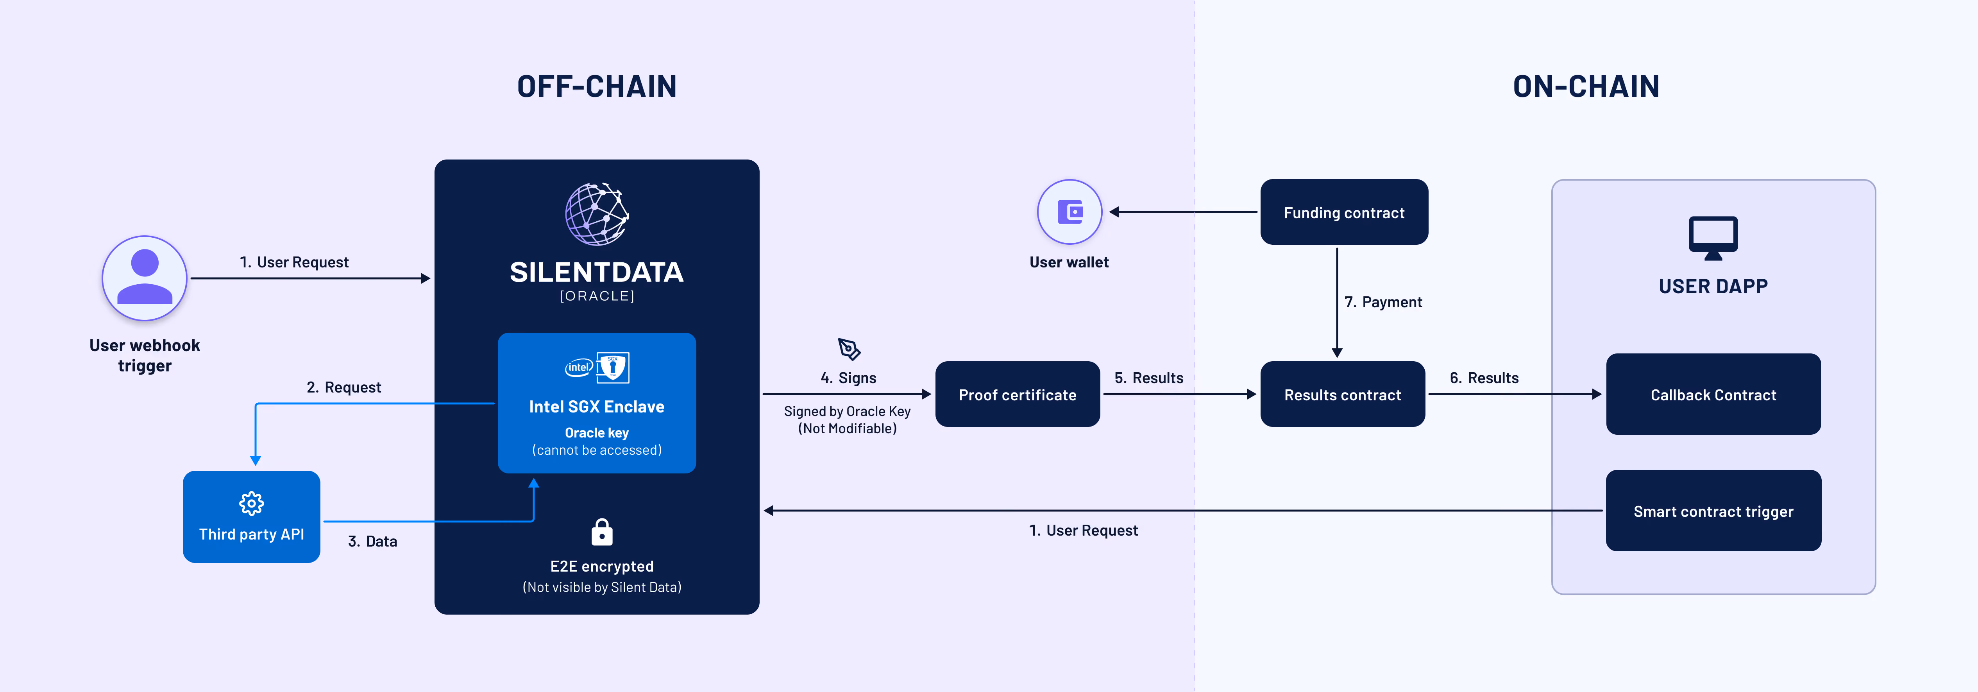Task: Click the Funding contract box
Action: point(1344,212)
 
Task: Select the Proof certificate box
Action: point(1018,394)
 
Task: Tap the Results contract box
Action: point(1342,394)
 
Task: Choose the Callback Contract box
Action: point(1713,394)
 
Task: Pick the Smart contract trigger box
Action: point(1713,511)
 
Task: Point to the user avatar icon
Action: point(144,278)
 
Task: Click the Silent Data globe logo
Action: point(597,214)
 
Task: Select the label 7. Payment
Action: point(1383,302)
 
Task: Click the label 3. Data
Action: point(372,541)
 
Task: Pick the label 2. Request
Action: point(344,387)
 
